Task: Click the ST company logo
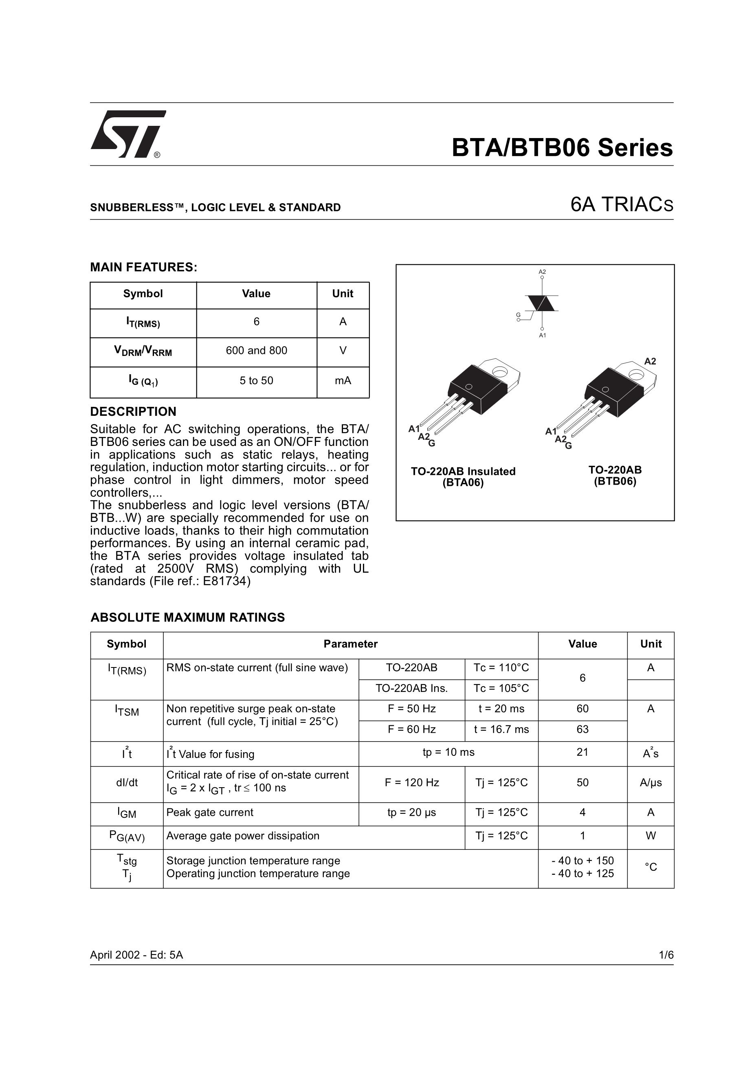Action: tap(127, 134)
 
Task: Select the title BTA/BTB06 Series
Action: tap(562, 148)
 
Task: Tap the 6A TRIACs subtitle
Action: tap(622, 204)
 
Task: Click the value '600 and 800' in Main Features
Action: tap(256, 350)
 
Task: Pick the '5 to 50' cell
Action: tap(256, 381)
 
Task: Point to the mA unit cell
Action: tap(343, 381)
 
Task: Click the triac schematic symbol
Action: tap(541, 303)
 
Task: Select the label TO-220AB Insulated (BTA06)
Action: tap(463, 477)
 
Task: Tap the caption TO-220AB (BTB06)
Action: tap(615, 475)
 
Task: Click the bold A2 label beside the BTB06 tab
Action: tap(650, 361)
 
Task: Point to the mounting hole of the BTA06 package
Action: tap(500, 371)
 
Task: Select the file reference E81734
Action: tap(226, 582)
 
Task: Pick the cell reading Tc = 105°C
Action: tap(501, 688)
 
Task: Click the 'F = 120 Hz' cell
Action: tap(411, 783)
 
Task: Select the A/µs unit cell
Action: tap(651, 783)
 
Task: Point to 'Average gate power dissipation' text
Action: tap(243, 836)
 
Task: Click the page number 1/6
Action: tap(666, 955)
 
